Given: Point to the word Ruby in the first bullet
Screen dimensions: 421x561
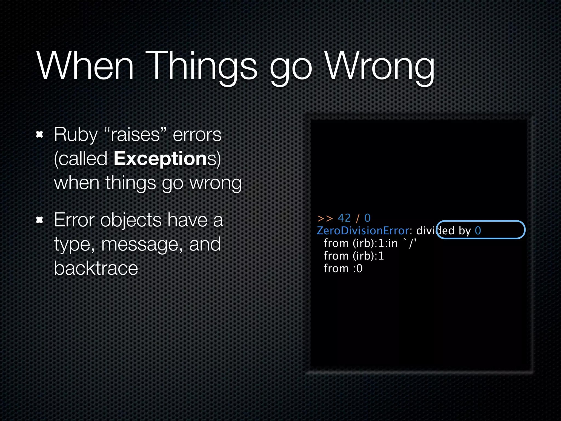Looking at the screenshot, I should (x=76, y=135).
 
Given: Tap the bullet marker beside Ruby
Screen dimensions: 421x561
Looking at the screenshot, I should (x=40, y=134).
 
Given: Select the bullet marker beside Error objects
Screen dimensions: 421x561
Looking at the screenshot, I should (x=40, y=220).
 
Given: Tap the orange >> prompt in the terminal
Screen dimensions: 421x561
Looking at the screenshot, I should (x=325, y=218).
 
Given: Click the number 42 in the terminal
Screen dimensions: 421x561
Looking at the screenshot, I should (x=344, y=218).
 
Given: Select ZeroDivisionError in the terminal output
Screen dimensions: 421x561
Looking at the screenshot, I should (x=363, y=231).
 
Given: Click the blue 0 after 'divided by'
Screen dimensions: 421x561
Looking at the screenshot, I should (x=478, y=231).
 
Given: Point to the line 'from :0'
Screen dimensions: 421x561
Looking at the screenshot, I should (x=343, y=268).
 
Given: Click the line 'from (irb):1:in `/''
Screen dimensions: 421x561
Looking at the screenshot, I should (x=370, y=243).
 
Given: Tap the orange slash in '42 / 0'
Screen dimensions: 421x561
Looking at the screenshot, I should (x=357, y=218).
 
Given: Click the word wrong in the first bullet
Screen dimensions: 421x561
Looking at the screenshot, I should (x=216, y=183).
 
